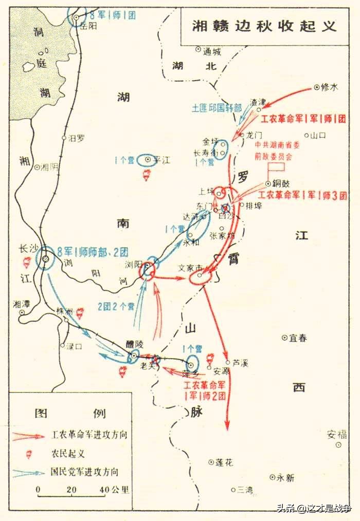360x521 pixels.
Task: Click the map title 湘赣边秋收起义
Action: coord(264,25)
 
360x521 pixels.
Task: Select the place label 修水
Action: coord(330,88)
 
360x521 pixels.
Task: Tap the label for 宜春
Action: coord(298,338)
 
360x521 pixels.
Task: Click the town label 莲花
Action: coord(224,462)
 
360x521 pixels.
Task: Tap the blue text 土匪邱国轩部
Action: coord(217,108)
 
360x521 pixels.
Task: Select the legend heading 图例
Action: coord(70,414)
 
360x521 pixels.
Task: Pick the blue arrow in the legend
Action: coord(29,472)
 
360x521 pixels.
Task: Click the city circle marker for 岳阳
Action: coord(77,17)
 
